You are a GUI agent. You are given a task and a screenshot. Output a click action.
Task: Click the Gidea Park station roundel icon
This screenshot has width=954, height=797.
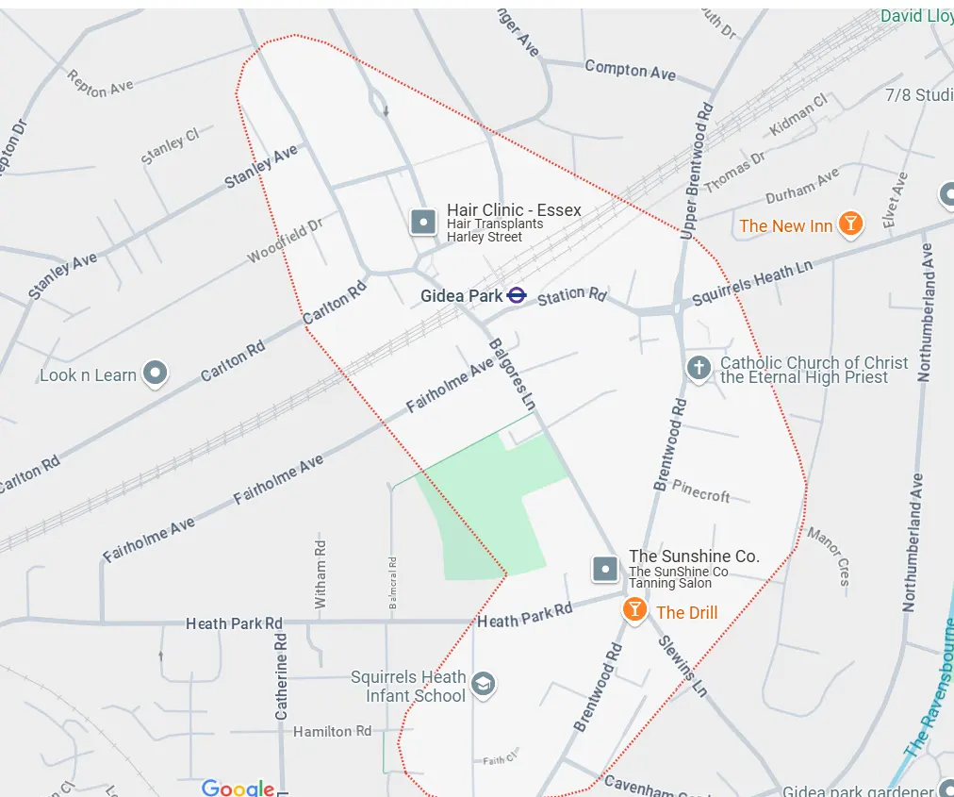[516, 295]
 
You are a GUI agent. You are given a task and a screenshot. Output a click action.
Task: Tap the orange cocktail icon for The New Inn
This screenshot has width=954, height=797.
[850, 224]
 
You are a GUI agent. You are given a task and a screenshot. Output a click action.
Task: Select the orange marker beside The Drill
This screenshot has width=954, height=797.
[635, 609]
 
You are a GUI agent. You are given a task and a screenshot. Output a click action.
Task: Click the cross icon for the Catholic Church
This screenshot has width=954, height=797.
[698, 368]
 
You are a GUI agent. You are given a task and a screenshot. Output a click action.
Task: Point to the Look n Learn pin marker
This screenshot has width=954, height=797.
[155, 374]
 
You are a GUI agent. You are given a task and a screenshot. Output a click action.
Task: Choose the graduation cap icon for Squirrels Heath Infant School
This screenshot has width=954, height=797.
[484, 684]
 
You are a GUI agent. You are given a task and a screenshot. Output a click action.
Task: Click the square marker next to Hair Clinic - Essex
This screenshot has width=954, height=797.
[423, 223]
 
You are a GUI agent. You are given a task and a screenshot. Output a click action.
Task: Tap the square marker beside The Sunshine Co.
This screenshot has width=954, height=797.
[604, 569]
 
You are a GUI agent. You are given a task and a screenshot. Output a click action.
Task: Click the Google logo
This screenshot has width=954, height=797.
[238, 788]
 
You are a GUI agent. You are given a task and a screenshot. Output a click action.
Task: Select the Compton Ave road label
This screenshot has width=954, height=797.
[630, 70]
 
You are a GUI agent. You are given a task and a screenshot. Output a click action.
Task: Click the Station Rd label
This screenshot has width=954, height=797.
[571, 296]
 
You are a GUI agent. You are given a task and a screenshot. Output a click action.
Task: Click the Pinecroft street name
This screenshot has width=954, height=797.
[700, 491]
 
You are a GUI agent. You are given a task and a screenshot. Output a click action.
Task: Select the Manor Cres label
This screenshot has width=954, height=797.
[829, 556]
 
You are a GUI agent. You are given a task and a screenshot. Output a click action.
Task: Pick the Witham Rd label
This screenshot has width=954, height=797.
[321, 573]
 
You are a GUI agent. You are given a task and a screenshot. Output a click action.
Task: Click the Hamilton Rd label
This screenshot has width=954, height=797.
[332, 731]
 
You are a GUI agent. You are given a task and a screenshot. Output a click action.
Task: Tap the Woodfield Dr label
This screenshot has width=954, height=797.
[285, 241]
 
